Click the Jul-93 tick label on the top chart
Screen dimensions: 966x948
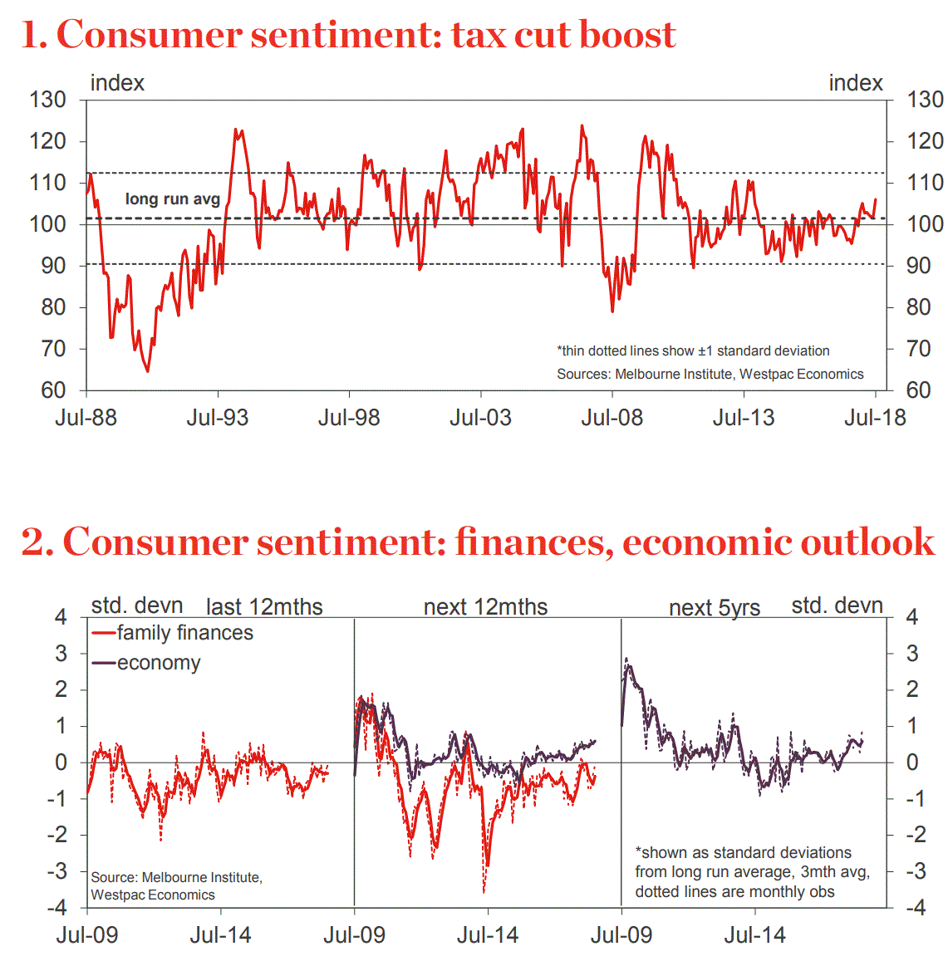click(x=218, y=417)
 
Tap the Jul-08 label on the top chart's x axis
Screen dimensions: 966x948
click(x=612, y=417)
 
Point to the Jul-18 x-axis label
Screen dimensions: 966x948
click(x=875, y=417)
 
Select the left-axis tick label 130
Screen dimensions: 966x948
click(x=47, y=100)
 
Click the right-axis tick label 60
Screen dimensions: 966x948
click(x=918, y=390)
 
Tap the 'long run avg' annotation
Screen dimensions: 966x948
click(x=173, y=199)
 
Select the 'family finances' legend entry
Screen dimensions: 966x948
click(x=184, y=633)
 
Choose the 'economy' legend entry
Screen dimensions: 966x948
click(x=159, y=663)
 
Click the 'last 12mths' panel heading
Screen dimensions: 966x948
click(x=264, y=607)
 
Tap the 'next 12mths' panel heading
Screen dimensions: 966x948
click(x=485, y=607)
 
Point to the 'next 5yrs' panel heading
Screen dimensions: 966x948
click(x=715, y=608)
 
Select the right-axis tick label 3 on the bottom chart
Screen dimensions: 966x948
click(x=912, y=653)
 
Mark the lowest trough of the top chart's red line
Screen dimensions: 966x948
click(x=148, y=370)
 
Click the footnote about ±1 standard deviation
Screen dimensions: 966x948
click(x=693, y=351)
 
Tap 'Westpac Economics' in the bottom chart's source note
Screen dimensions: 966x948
click(x=153, y=895)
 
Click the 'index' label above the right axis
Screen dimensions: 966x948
click(x=856, y=83)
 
